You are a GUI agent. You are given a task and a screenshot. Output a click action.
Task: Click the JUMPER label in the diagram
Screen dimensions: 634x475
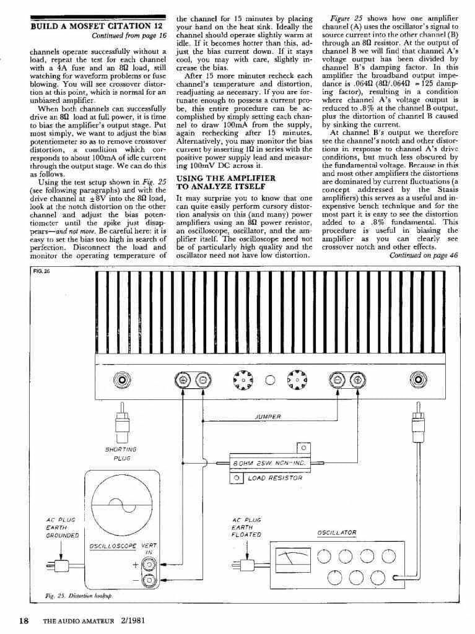pos(268,417)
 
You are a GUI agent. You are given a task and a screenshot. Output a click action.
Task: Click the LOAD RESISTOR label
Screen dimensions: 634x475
pos(274,477)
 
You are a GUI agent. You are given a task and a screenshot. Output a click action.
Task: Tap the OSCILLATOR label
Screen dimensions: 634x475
pos(336,532)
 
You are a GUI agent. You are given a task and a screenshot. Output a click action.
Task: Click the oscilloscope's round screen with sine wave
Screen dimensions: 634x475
pos(121,502)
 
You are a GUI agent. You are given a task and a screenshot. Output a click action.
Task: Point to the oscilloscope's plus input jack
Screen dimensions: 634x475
pos(149,564)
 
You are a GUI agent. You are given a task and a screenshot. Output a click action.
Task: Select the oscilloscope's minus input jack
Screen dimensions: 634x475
pos(149,580)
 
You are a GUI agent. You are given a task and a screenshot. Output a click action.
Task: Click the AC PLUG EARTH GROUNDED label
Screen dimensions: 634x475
pos(63,527)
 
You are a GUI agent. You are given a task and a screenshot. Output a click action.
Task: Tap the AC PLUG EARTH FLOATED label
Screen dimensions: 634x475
pos(246,527)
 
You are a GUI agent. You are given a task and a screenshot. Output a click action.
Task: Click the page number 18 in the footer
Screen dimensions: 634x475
pos(24,621)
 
